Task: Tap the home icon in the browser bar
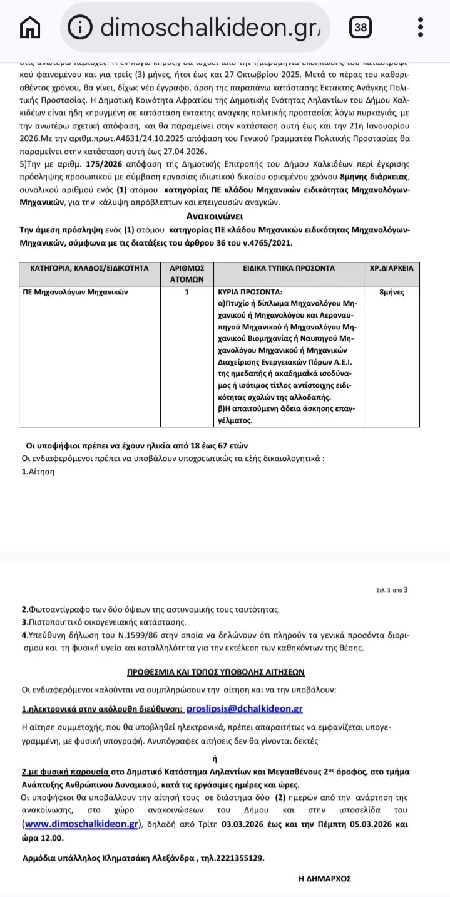pyautogui.click(x=30, y=27)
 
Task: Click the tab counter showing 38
pyautogui.click(x=361, y=27)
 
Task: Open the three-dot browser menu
pyautogui.click(x=421, y=27)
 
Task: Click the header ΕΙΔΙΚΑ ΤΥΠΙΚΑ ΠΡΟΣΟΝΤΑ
pyautogui.click(x=289, y=268)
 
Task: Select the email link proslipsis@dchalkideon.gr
pyautogui.click(x=245, y=708)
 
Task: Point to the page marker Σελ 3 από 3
pyautogui.click(x=392, y=589)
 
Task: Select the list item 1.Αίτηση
pyautogui.click(x=38, y=472)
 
